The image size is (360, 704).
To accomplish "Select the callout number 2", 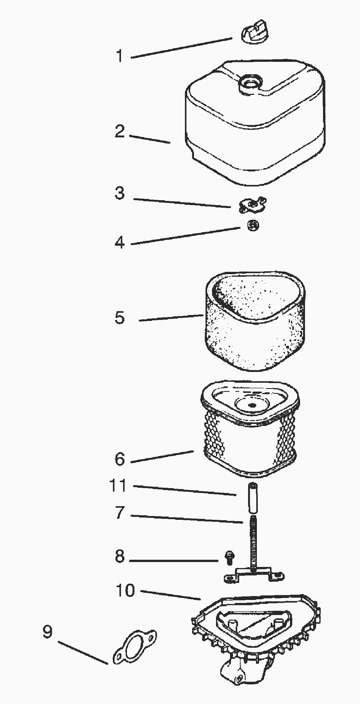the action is [x=120, y=131].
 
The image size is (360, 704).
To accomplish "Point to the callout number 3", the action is [x=120, y=193].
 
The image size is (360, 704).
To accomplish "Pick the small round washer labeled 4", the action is [x=253, y=225].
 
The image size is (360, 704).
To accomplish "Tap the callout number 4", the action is [x=120, y=242].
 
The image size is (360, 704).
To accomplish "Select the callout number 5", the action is [x=120, y=318].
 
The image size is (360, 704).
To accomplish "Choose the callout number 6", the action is [x=120, y=459].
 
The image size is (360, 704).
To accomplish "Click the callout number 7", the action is [x=120, y=513].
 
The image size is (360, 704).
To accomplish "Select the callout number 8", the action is [x=120, y=556].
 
